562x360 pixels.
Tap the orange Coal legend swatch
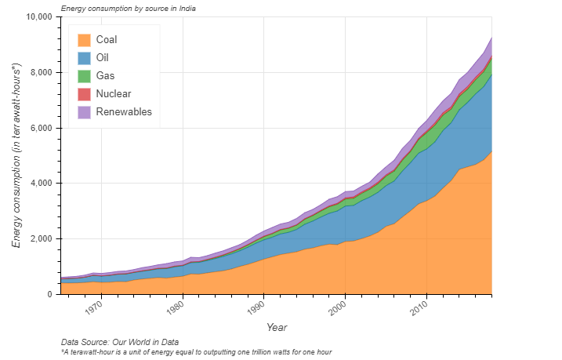tap(84, 40)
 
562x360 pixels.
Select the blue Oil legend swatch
tap(84, 58)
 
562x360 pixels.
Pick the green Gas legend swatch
tap(84, 76)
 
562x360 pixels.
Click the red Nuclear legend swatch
tap(84, 94)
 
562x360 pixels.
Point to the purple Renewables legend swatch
tap(84, 112)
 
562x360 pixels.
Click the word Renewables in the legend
tap(123, 112)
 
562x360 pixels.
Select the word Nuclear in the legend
tap(113, 94)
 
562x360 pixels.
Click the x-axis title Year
tap(277, 327)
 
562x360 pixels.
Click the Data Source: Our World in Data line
tap(120, 342)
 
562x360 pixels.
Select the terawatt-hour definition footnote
tap(196, 352)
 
